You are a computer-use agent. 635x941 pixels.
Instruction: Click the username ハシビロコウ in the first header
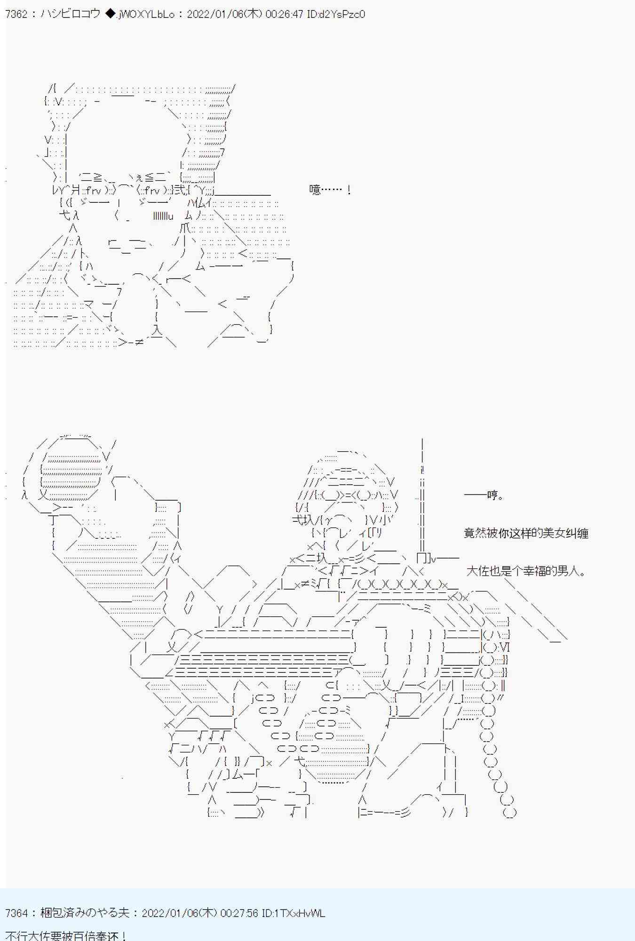70,14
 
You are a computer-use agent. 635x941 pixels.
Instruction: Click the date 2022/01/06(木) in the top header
224,14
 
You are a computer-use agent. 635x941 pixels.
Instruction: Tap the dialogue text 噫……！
330,190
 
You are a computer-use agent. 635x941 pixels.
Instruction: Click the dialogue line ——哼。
484,495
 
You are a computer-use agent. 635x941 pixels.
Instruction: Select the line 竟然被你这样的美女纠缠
526,533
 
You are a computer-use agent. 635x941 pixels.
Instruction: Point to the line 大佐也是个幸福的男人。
526,571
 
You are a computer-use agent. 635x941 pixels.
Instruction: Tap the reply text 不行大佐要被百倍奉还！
65,935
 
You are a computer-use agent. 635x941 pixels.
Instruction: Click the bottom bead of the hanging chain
510,812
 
